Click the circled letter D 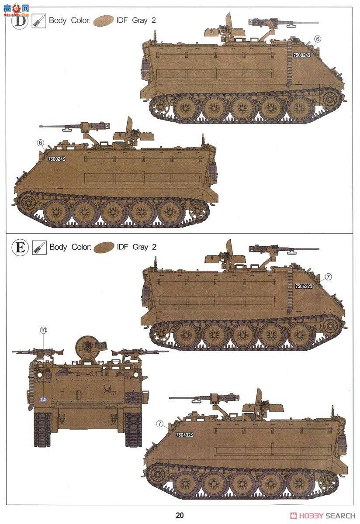coord(19,20)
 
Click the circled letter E coord(20,248)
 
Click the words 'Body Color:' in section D coord(70,20)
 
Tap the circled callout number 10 coord(43,331)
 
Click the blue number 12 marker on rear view coord(43,399)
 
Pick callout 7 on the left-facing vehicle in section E coord(159,424)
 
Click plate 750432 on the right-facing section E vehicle coord(303,286)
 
